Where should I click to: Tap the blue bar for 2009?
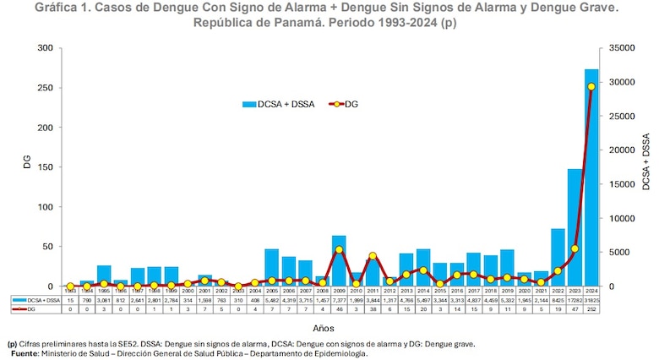[339, 261]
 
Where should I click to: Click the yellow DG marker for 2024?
[591, 87]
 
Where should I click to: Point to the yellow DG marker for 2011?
[373, 256]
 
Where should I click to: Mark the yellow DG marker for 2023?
[575, 248]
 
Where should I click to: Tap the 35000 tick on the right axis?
[622, 48]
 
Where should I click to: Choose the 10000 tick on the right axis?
[622, 218]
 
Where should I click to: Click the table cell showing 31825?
[591, 300]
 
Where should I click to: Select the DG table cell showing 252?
[591, 309]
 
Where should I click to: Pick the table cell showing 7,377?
[339, 300]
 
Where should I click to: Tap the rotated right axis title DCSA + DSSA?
[645, 161]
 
